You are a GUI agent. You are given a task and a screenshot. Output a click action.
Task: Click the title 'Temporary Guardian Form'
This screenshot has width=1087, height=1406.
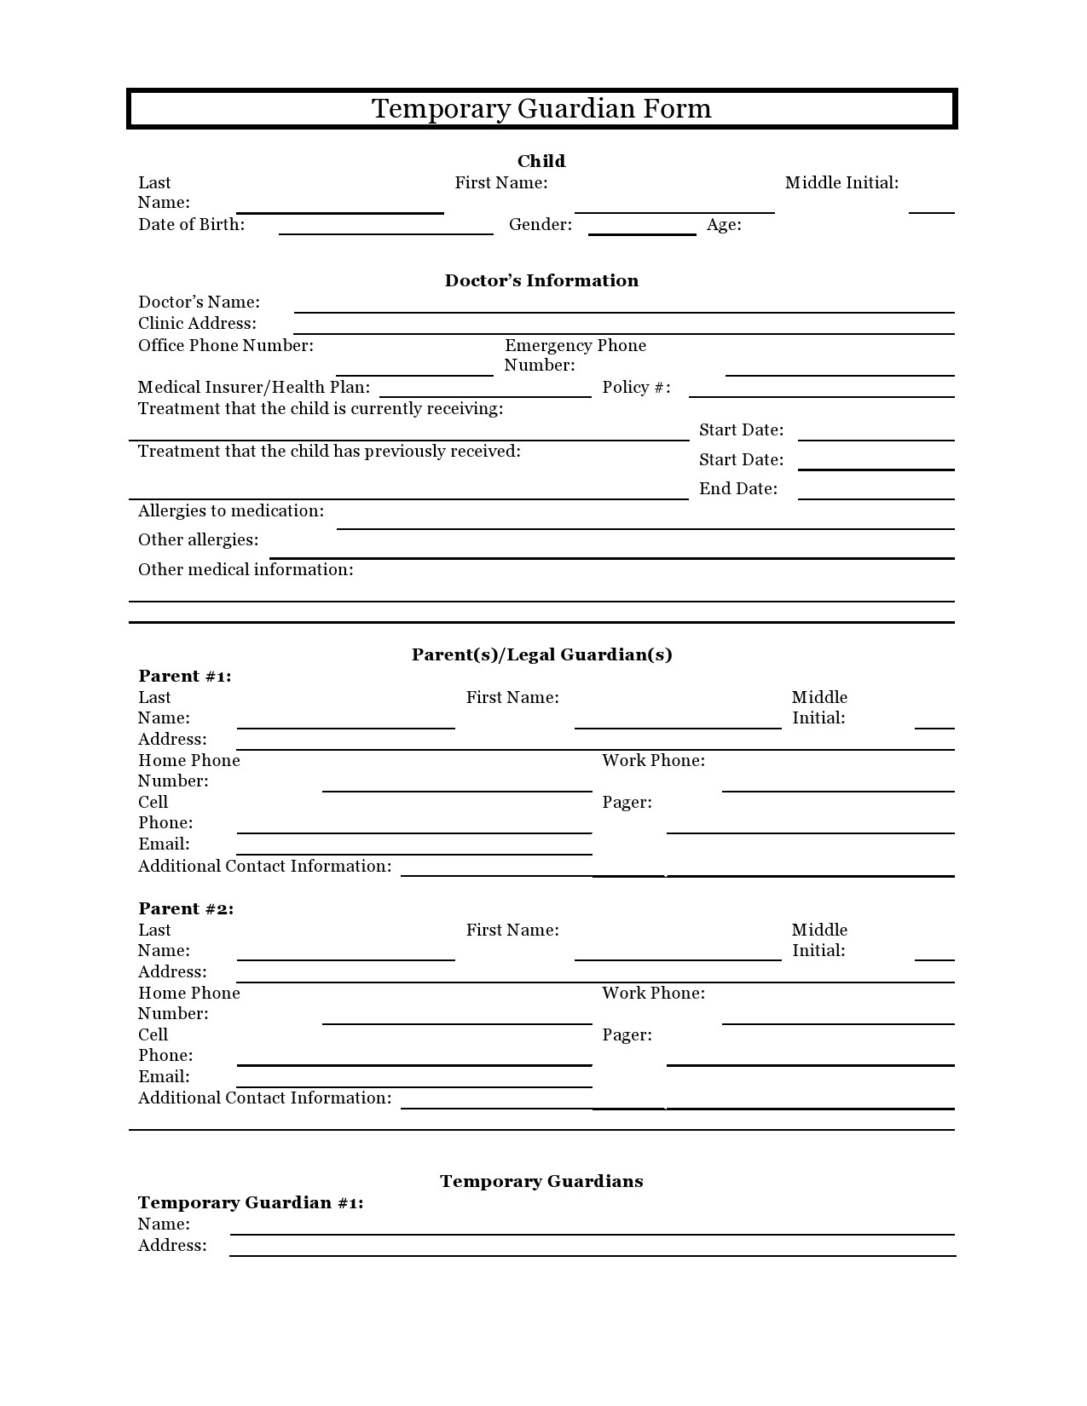point(541,109)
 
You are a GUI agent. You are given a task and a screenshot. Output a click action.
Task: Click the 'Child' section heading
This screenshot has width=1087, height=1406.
point(541,161)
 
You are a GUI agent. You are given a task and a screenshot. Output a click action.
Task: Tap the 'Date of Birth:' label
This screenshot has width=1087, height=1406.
point(191,225)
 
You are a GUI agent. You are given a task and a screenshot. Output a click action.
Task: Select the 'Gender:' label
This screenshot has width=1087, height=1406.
point(540,225)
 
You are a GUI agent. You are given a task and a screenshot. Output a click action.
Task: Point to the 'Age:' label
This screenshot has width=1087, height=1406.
point(723,225)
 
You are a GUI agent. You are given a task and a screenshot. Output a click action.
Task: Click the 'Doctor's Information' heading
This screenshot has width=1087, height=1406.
point(541,280)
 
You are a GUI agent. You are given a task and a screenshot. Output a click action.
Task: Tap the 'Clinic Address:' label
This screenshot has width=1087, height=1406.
point(197,324)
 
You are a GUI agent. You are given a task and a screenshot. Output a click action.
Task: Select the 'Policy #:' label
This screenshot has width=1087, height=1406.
point(635,388)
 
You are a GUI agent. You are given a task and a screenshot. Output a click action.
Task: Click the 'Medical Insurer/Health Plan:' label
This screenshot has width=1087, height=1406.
point(253,388)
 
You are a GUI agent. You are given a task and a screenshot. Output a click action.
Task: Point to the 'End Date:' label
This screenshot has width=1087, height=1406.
point(737,489)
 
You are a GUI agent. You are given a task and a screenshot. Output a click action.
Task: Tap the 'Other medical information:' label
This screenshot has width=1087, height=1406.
point(246,570)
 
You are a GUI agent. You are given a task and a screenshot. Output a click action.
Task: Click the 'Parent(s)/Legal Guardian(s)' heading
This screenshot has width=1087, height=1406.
point(541,654)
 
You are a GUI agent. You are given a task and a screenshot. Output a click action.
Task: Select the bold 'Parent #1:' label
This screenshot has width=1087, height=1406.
point(185,677)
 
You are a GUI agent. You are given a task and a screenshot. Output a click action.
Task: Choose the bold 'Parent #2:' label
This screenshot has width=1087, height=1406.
point(186,909)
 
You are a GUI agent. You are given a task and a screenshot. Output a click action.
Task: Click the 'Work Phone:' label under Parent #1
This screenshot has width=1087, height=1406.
point(653,761)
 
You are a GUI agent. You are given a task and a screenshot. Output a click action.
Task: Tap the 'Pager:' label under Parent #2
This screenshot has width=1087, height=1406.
point(627,1035)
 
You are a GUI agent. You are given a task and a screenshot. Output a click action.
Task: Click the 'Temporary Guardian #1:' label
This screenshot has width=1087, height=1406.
point(251,1203)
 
